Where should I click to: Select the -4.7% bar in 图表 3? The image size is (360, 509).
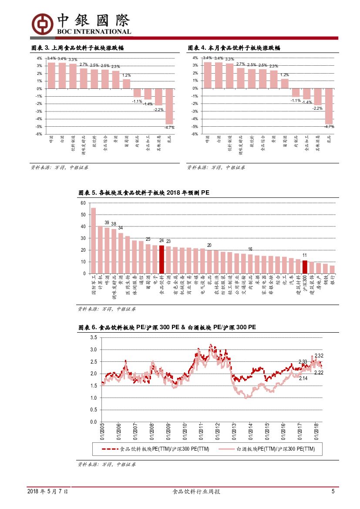point(169,106)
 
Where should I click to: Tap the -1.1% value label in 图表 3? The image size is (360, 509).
point(137,101)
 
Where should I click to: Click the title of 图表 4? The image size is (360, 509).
point(234,48)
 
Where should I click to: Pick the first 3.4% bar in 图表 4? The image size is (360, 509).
point(208,75)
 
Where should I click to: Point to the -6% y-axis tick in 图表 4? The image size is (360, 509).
point(195,134)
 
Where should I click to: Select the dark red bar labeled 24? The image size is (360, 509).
point(161,260)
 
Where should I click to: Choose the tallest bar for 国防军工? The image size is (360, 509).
point(93,240)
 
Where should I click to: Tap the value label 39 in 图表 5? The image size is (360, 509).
point(107,222)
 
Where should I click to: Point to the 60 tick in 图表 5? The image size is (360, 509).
point(83,203)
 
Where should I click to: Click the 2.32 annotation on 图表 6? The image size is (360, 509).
point(319,356)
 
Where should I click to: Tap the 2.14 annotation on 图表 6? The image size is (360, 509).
point(303,378)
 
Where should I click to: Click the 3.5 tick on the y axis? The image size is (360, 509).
point(93,337)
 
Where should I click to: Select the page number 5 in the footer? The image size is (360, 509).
point(333,492)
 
